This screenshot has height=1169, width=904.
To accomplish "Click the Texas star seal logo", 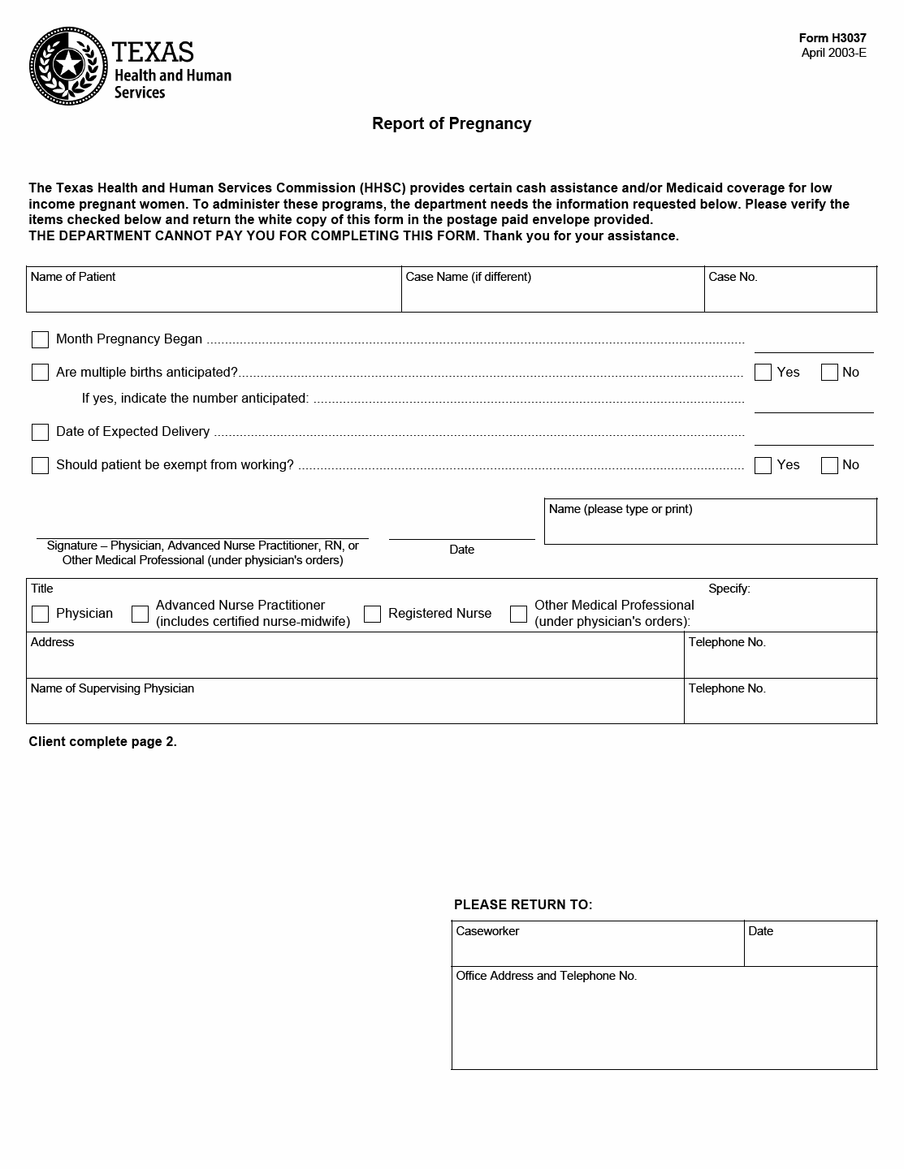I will (68, 66).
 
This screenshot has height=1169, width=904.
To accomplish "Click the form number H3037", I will (833, 38).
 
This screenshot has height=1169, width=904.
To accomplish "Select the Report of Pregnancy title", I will (451, 123).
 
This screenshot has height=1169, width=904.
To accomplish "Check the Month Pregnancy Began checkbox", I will (40, 339).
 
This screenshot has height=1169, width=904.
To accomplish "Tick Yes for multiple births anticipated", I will (763, 373).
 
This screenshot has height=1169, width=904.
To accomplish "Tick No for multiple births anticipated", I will (829, 373).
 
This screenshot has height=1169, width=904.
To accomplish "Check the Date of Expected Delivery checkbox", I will (40, 432).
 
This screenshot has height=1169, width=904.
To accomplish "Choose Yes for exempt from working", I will (763, 465).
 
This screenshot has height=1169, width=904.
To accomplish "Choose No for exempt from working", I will (829, 465).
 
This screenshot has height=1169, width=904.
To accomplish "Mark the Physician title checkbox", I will (40, 614).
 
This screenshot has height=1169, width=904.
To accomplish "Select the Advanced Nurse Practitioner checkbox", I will (140, 614).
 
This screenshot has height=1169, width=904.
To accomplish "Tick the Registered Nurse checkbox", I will (372, 614).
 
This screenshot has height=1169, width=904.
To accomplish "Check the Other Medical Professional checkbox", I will (518, 614).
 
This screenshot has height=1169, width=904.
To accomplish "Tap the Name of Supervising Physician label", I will (112, 688).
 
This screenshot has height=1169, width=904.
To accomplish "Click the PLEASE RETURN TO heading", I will (523, 904).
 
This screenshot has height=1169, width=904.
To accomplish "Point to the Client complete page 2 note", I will (102, 741).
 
